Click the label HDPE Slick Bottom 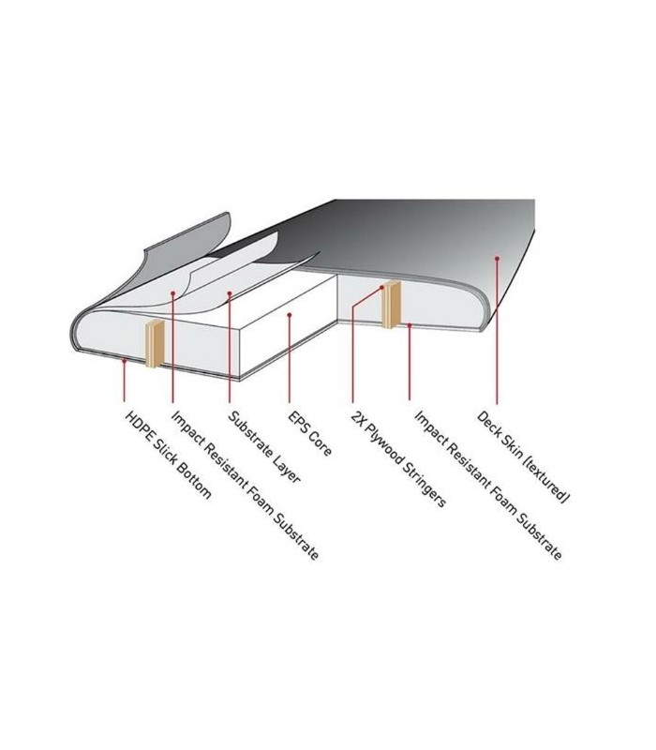pyautogui.click(x=168, y=455)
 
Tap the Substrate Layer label pyautogui.click(x=264, y=447)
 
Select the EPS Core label pyautogui.click(x=309, y=433)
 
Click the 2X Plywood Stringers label pyautogui.click(x=398, y=458)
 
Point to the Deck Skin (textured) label pyautogui.click(x=524, y=457)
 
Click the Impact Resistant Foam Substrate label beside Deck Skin pyautogui.click(x=487, y=485)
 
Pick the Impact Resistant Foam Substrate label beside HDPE pyautogui.click(x=245, y=485)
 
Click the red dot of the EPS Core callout pyautogui.click(x=290, y=314)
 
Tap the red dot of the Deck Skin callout pyautogui.click(x=498, y=259)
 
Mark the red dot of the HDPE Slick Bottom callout pyautogui.click(x=125, y=361)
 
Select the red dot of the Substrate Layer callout pyautogui.click(x=230, y=293)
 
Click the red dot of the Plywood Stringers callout pyautogui.click(x=381, y=288)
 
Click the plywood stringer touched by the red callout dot pyautogui.click(x=391, y=305)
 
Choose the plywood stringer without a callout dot pyautogui.click(x=155, y=344)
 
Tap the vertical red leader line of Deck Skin pyautogui.click(x=498, y=332)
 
